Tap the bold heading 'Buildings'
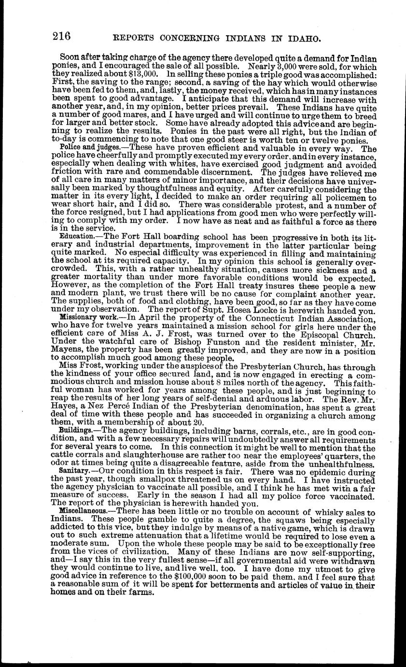coord(75,430)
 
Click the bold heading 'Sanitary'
coord(73,470)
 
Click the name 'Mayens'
coord(65,350)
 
